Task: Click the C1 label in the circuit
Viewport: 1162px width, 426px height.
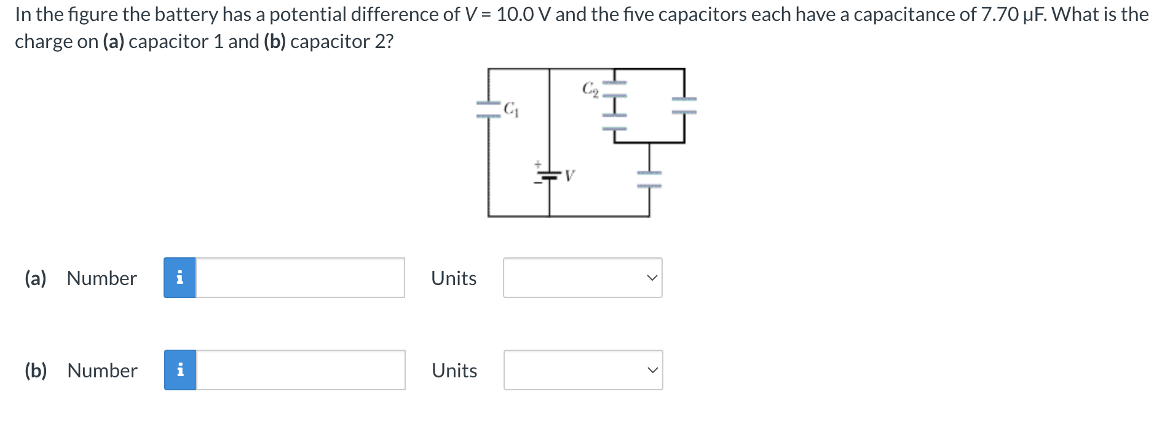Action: tap(511, 110)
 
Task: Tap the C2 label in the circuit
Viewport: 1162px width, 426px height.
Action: tap(590, 89)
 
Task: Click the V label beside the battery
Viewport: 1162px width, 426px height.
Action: tap(569, 177)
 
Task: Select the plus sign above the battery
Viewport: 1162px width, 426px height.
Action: tap(537, 164)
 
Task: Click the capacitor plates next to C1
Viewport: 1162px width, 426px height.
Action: tap(488, 110)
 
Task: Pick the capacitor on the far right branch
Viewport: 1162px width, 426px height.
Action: tap(684, 105)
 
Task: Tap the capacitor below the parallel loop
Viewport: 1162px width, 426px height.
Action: tap(649, 179)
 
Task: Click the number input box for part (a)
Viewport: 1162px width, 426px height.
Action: tap(300, 278)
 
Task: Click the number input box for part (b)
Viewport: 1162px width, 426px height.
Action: tap(301, 370)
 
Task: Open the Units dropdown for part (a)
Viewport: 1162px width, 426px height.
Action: tap(582, 278)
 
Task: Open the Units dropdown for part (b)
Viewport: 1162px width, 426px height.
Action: tap(583, 370)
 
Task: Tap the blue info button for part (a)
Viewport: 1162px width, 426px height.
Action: tap(180, 278)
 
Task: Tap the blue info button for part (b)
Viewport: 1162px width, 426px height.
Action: tap(180, 370)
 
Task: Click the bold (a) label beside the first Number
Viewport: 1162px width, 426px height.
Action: tap(36, 278)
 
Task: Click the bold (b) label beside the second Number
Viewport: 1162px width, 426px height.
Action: tap(36, 371)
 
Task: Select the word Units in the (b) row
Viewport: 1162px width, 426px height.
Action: tap(454, 371)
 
